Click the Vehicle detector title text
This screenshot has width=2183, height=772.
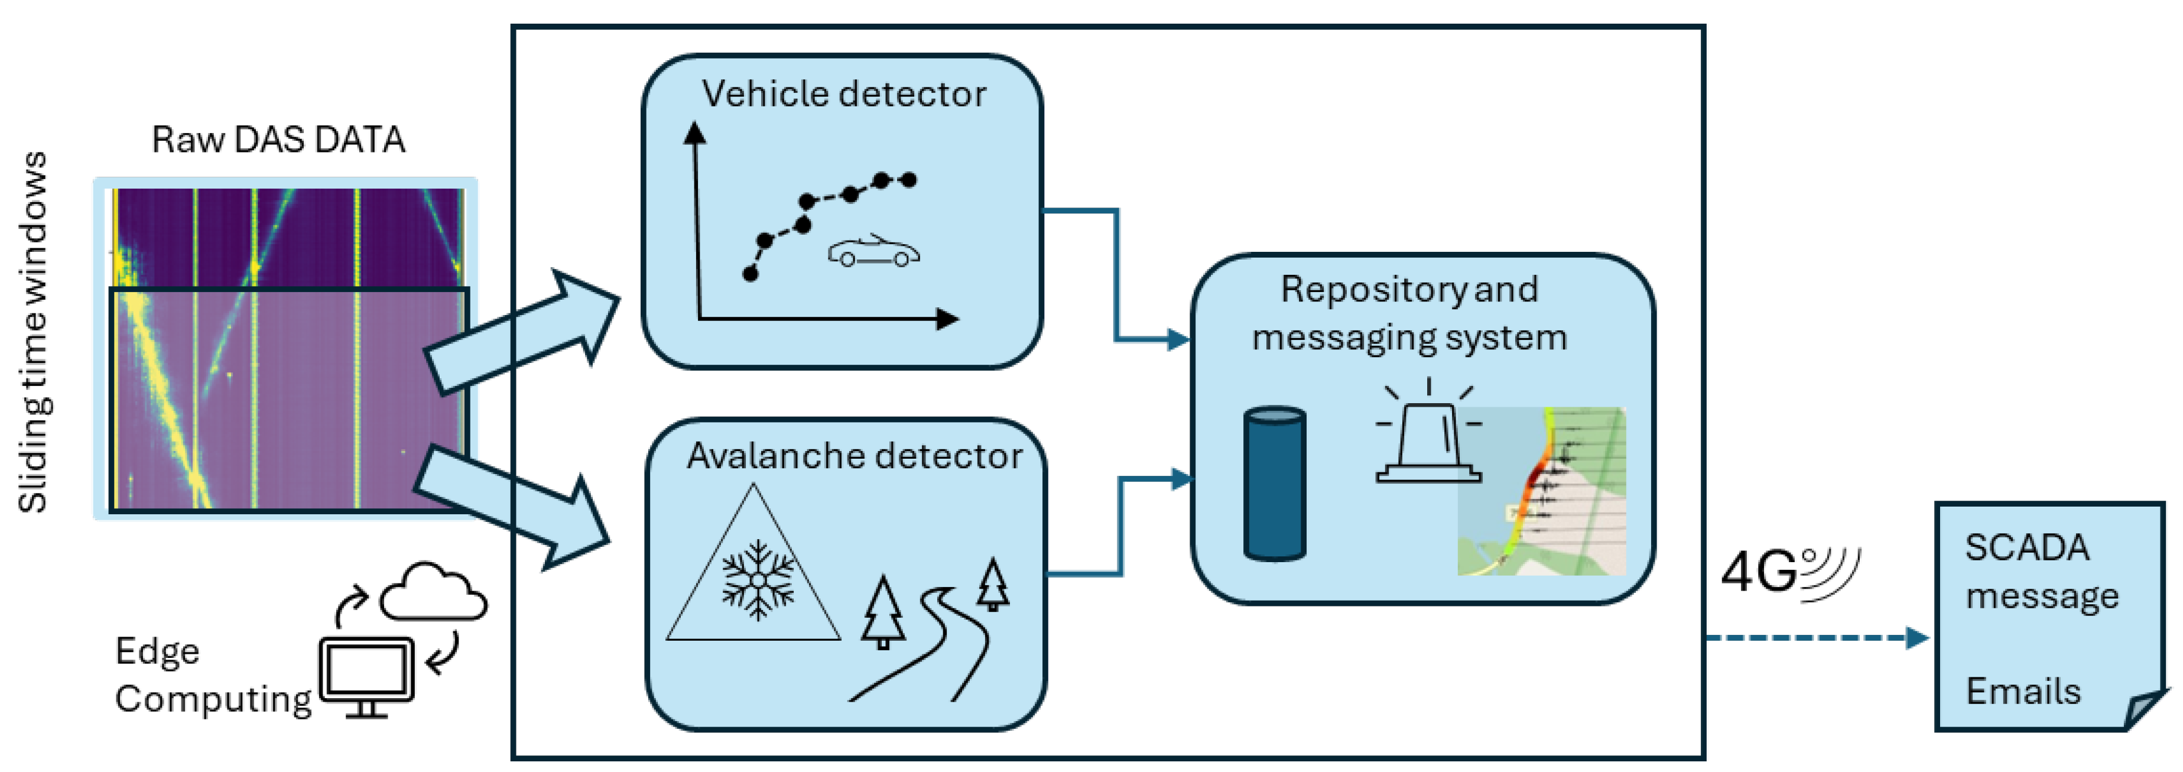pyautogui.click(x=843, y=94)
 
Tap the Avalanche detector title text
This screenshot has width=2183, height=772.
pyautogui.click(x=854, y=456)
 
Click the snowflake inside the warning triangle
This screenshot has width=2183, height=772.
pyautogui.click(x=758, y=580)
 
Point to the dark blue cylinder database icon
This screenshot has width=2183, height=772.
pyautogui.click(x=1274, y=483)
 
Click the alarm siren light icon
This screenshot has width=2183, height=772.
pyautogui.click(x=1429, y=440)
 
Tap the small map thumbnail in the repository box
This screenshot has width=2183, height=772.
pyautogui.click(x=1541, y=491)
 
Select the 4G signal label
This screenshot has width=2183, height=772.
pyautogui.click(x=1788, y=572)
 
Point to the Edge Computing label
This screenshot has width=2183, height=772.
pyautogui.click(x=212, y=676)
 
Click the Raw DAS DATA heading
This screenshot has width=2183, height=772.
pyautogui.click(x=278, y=140)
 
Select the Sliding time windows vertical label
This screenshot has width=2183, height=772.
pyautogui.click(x=33, y=332)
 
